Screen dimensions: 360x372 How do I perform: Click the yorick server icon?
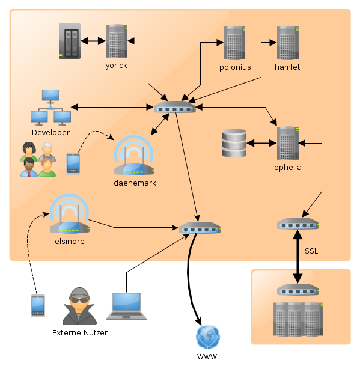(x=117, y=41)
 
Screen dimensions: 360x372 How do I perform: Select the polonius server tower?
(x=234, y=43)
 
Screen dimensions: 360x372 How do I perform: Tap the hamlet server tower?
(x=288, y=43)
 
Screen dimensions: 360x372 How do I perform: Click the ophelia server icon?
(x=288, y=143)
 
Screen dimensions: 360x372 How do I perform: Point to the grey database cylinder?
(x=234, y=143)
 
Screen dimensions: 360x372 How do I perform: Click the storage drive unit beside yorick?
(x=70, y=41)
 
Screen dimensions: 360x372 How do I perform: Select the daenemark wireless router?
(x=134, y=156)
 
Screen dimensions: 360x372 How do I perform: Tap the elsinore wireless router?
(x=70, y=214)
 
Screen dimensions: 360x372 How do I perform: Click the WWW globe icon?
(x=208, y=337)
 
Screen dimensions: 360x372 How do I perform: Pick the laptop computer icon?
(x=126, y=306)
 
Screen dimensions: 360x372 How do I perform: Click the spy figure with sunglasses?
(x=79, y=306)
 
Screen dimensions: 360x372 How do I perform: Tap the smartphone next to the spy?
(x=38, y=306)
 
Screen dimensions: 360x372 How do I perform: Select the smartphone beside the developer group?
(x=73, y=164)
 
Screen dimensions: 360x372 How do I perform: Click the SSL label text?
(x=311, y=251)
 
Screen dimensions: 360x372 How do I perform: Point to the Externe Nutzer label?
(x=80, y=332)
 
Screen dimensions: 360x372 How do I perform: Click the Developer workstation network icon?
(x=50, y=107)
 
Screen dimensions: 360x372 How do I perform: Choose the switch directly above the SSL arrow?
(x=298, y=224)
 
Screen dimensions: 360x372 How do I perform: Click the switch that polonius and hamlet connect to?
(x=175, y=107)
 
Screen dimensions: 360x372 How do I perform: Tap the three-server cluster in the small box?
(x=298, y=319)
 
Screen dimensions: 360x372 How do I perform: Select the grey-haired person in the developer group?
(x=47, y=152)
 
